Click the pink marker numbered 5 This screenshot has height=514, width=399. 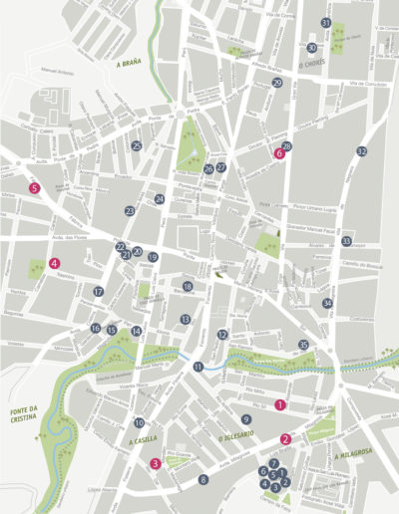35,187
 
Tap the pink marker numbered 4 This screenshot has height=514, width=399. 54,264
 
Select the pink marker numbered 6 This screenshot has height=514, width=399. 279,154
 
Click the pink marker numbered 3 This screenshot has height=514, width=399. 156,462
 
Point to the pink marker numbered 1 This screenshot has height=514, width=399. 280,404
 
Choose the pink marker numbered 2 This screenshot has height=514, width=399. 285,438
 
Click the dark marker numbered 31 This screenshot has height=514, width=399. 325,22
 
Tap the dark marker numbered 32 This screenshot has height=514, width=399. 361,151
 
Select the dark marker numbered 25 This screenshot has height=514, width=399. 137,145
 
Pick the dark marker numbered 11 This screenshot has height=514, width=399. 199,367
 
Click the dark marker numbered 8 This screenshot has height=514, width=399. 202,480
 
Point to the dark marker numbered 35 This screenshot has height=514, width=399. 304,345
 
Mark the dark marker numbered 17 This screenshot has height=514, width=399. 99,292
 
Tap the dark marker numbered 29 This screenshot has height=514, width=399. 277,84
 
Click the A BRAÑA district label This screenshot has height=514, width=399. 131,63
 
